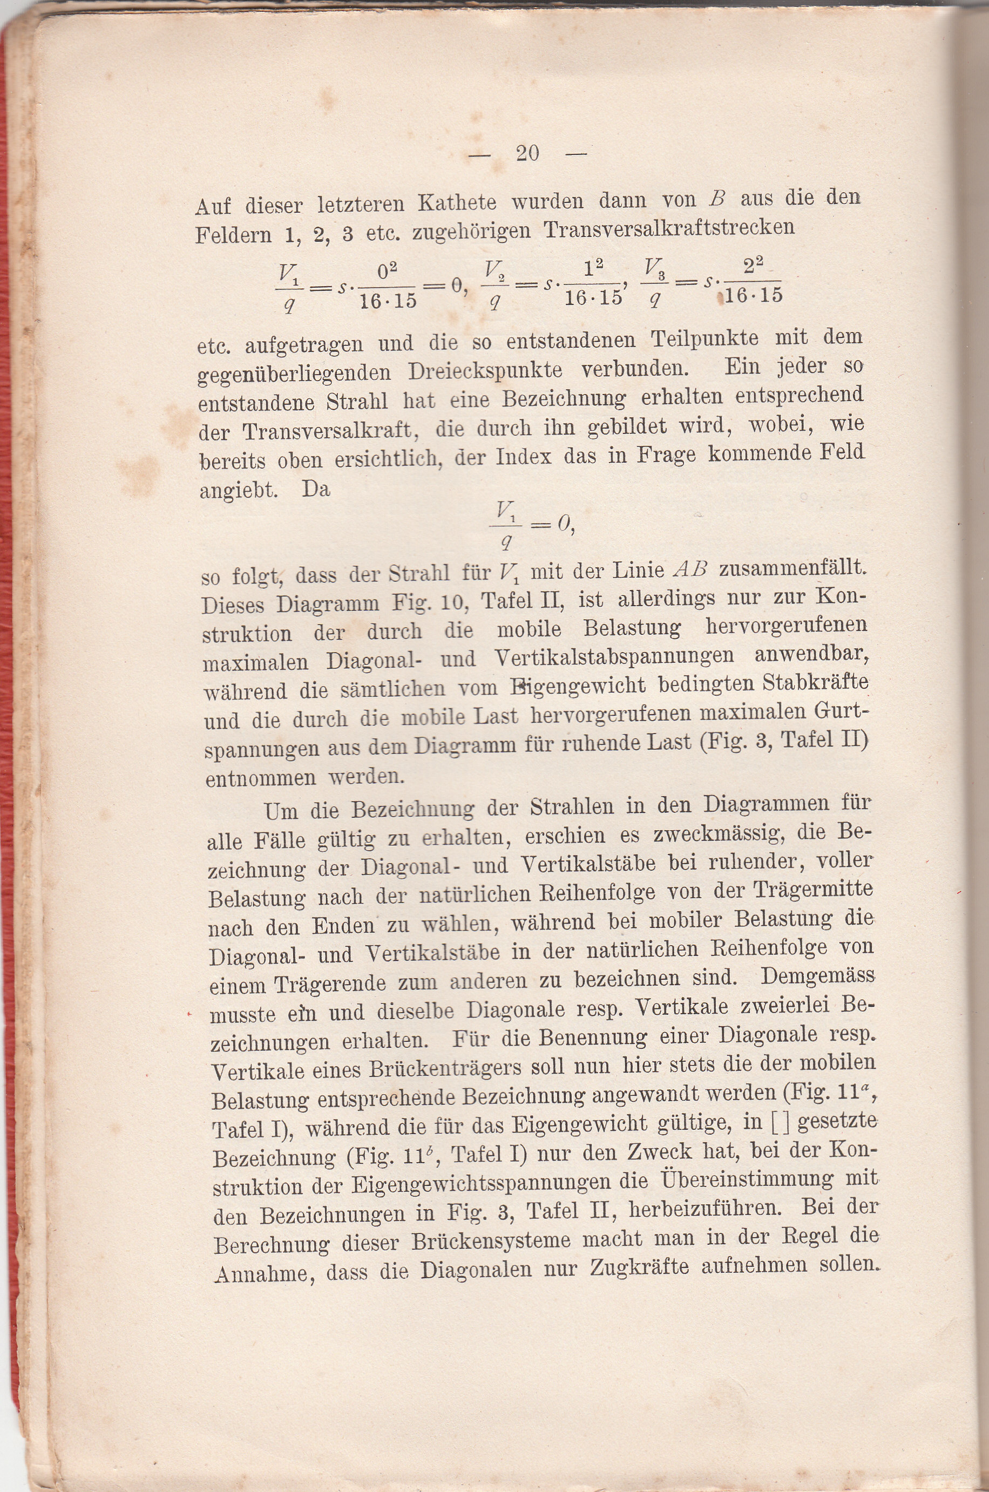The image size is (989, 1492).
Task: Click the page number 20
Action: point(527,154)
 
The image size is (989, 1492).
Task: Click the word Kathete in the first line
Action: point(457,203)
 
